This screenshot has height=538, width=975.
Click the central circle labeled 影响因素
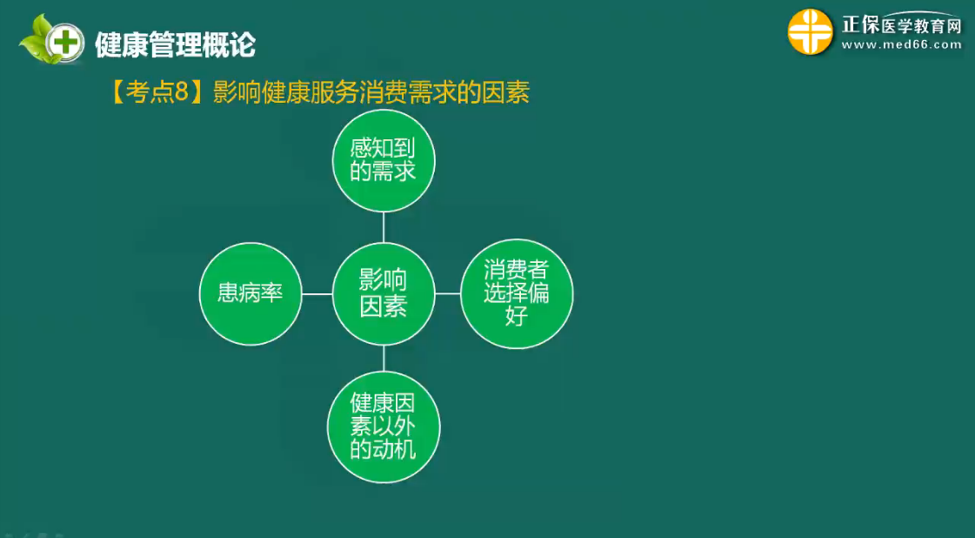click(x=384, y=294)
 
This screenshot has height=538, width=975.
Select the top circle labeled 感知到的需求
click(x=384, y=161)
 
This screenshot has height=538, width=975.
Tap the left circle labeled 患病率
click(x=250, y=294)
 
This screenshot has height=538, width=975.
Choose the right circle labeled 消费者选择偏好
click(x=517, y=294)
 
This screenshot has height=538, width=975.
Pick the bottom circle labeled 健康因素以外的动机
click(x=384, y=427)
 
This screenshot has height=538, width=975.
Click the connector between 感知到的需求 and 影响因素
click(x=384, y=227)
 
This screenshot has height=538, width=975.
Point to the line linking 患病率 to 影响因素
click(x=317, y=294)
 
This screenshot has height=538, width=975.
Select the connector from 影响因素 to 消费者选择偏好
click(x=448, y=293)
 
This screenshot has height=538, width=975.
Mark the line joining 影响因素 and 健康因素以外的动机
click(x=384, y=359)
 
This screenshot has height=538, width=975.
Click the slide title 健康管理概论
click(x=176, y=45)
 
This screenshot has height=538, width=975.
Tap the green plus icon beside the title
click(x=65, y=43)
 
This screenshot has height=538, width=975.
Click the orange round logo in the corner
click(x=811, y=31)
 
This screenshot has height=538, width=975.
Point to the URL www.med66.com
click(x=902, y=45)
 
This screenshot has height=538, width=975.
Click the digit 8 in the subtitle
click(x=181, y=93)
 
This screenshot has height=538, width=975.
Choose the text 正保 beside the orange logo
click(x=860, y=25)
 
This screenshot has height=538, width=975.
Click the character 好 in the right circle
click(x=517, y=316)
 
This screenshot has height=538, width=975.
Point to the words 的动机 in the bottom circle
click(x=383, y=449)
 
